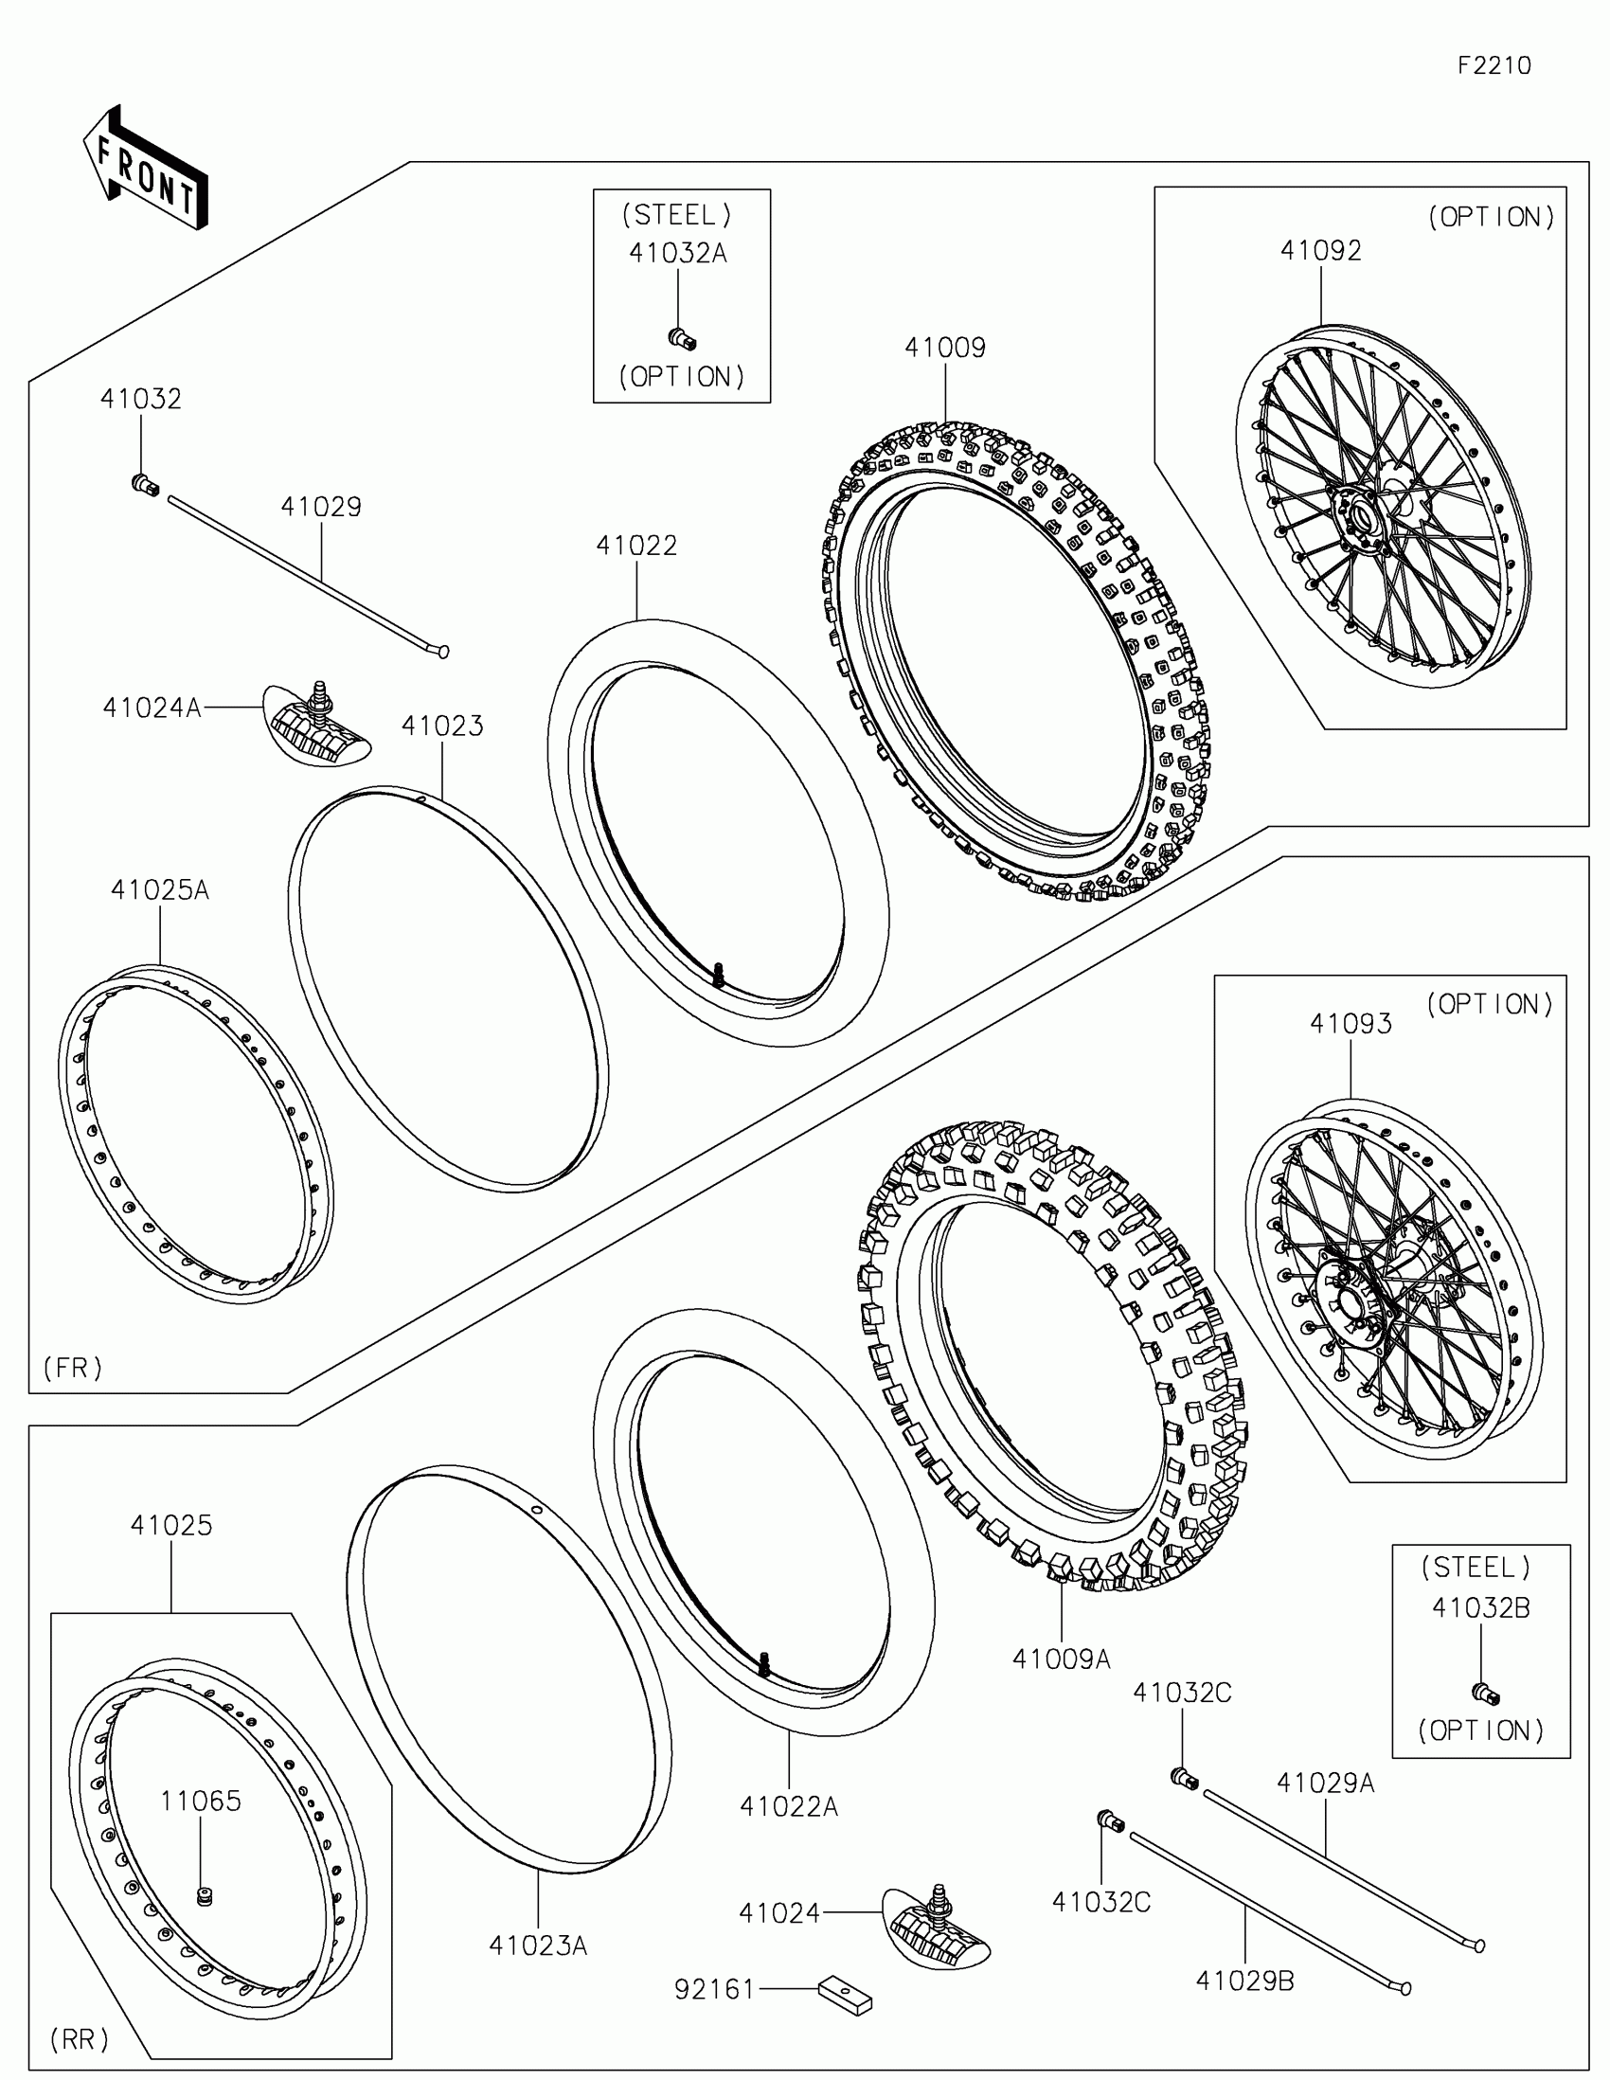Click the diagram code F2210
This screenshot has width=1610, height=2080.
(1494, 65)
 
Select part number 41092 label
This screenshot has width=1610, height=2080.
(1320, 250)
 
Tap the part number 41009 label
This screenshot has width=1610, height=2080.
(944, 348)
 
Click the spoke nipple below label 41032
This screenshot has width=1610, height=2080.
(145, 484)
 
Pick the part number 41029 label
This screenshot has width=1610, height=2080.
(321, 507)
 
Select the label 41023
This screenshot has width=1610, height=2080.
(441, 726)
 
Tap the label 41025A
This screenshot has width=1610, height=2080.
(159, 889)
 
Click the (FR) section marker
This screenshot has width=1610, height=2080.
(72, 1368)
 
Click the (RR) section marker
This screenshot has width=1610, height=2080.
(79, 2039)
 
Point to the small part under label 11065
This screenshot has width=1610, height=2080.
(202, 1896)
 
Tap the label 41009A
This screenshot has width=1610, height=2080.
(1061, 1659)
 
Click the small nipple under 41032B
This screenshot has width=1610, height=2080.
(1484, 1694)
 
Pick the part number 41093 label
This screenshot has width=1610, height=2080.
(1351, 1024)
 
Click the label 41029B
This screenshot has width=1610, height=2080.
(1244, 1981)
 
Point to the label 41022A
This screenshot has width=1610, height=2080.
(788, 1806)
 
